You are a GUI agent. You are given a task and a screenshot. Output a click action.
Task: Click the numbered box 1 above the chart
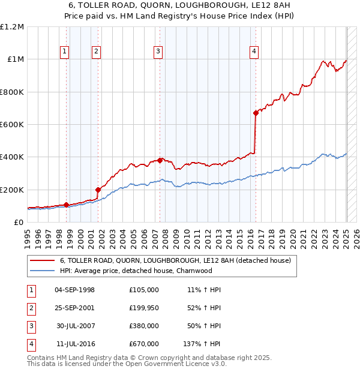point(64,52)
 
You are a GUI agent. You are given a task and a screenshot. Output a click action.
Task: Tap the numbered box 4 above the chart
point(254,52)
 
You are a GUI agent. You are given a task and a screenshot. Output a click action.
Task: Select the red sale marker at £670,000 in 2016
point(256,113)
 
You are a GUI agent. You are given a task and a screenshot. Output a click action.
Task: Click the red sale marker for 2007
point(160,160)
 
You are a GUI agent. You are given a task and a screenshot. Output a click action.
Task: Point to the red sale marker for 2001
point(98,190)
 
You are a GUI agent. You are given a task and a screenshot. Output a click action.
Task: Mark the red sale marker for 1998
point(66,205)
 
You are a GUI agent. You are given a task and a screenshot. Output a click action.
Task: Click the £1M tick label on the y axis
point(14,59)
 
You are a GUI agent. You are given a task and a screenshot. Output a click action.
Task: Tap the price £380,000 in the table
point(143,326)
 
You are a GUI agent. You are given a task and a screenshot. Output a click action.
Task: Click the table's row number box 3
point(30,326)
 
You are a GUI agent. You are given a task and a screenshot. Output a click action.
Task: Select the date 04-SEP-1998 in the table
point(74,289)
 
